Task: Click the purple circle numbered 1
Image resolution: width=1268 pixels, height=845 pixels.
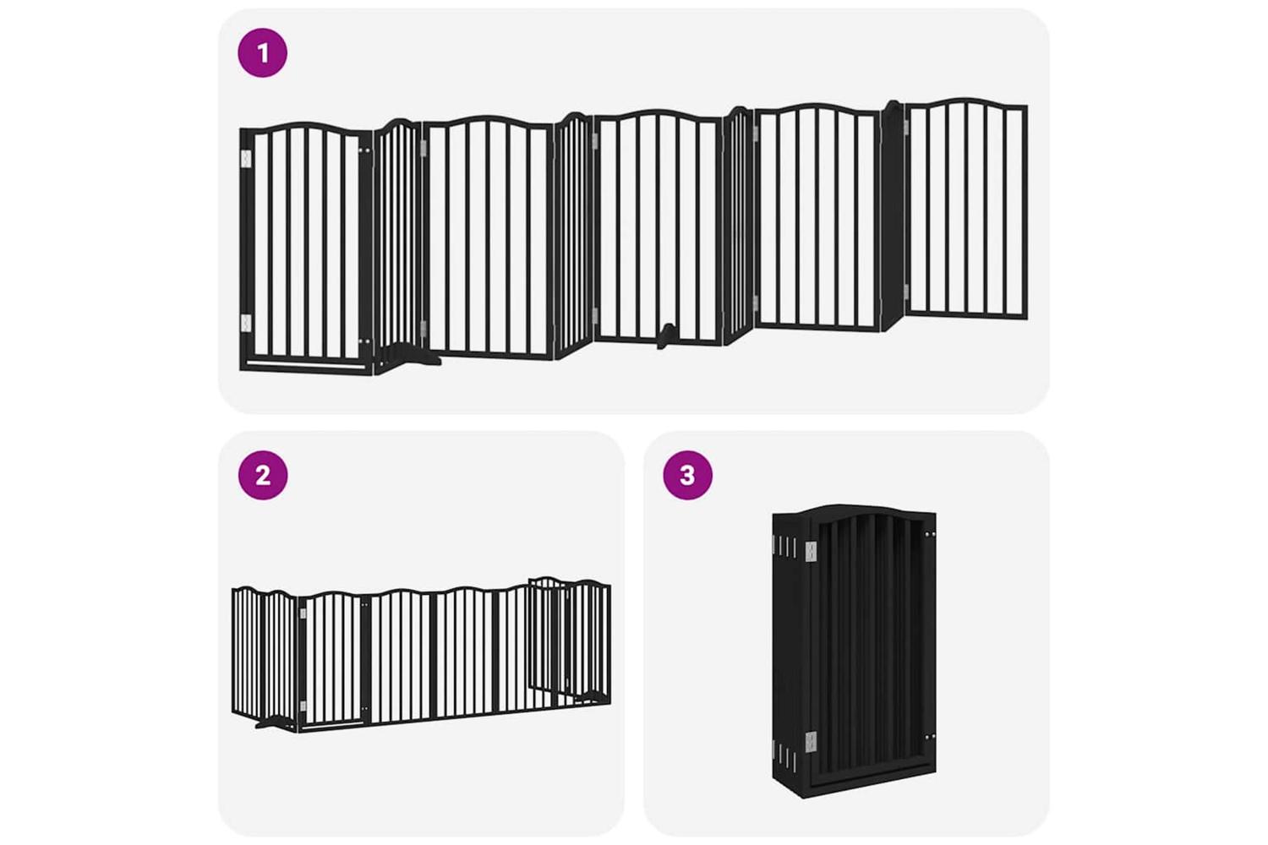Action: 263,52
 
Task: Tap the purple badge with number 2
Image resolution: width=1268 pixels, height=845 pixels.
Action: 263,475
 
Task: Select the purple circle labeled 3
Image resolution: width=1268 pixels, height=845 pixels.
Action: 687,475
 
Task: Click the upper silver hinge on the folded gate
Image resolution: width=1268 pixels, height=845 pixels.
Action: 812,551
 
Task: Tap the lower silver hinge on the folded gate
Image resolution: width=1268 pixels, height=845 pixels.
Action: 812,741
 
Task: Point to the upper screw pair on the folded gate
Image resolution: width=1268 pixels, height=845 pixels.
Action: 929,534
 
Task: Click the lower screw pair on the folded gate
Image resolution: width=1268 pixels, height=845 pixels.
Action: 929,737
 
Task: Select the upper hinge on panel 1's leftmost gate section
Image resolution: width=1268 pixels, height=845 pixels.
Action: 246,159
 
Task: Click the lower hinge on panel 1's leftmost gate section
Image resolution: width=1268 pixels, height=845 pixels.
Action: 246,323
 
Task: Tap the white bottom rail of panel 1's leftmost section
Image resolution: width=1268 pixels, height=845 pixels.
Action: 306,363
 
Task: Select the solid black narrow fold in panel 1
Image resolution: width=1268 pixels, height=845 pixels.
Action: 891,215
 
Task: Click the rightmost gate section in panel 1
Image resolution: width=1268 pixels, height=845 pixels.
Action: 966,208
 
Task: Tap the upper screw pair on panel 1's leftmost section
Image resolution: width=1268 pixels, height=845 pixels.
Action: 365,151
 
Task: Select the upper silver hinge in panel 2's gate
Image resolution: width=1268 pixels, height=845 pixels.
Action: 303,613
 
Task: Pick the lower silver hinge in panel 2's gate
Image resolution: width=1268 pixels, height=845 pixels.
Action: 303,706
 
